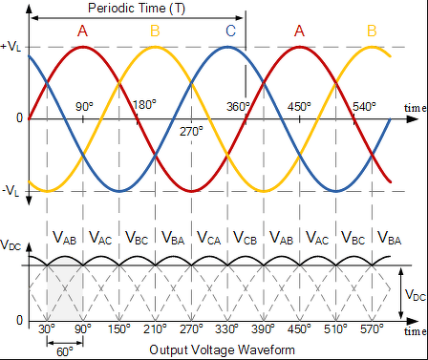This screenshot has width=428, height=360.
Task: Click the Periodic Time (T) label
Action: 137,9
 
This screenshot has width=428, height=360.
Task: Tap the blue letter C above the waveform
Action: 231,31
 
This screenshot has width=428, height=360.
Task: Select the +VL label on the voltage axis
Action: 11,47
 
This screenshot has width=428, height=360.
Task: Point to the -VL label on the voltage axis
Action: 11,191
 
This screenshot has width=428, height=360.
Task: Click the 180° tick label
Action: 144,105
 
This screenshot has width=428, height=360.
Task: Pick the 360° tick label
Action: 238,106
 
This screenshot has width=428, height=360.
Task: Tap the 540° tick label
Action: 364,106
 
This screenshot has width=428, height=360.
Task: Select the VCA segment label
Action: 209,238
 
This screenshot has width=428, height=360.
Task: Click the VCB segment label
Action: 245,238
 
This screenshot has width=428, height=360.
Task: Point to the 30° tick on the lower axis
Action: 47,328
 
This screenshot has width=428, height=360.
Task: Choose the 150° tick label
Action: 118,328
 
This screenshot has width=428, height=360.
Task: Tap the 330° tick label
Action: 226,328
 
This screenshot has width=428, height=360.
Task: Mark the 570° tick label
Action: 372,328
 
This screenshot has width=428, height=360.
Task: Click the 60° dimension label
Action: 65,352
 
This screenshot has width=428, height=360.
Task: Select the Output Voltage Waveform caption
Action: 222,349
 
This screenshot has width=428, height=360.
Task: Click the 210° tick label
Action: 155,328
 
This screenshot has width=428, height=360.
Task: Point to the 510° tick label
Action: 335,328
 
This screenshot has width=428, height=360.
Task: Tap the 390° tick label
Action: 263,328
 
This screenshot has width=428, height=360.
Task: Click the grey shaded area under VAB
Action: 65,293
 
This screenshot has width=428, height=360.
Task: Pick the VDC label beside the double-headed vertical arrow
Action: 416,295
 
